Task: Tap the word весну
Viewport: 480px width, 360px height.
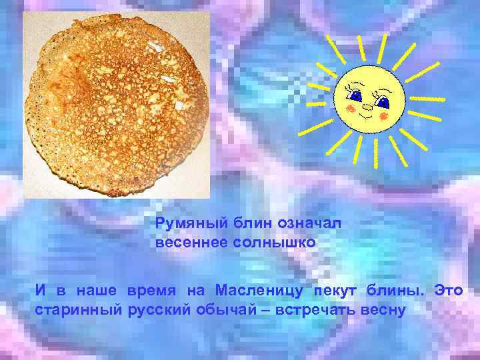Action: click(383, 311)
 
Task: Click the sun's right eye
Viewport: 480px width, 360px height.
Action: click(382, 102)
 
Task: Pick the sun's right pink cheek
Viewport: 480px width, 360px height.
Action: click(383, 116)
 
